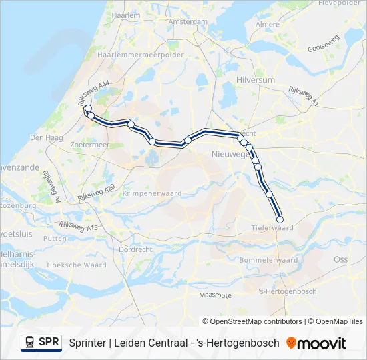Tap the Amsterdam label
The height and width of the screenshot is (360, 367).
(188, 21)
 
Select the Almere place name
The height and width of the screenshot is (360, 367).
(268, 25)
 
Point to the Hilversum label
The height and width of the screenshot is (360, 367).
(256, 79)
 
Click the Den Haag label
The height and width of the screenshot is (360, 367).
(46, 138)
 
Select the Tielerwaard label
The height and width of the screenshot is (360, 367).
(274, 227)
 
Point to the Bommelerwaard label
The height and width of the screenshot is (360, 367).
(269, 260)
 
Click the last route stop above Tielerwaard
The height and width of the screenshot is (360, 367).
(280, 219)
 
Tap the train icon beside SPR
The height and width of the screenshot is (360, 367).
(29, 343)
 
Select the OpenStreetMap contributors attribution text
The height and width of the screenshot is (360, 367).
(252, 321)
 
